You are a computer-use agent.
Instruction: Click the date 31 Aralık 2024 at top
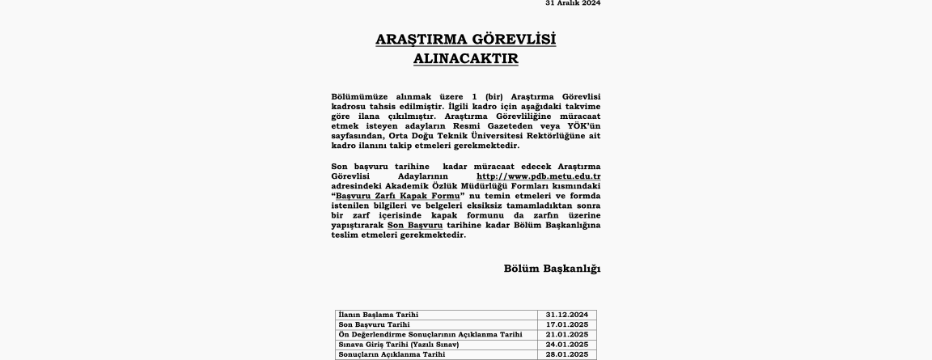pyautogui.click(x=573, y=3)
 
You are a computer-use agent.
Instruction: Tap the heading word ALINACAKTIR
pyautogui.click(x=465, y=59)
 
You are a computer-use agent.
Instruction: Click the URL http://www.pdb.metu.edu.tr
pyautogui.click(x=538, y=176)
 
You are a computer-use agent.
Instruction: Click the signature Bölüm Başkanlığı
pyautogui.click(x=552, y=269)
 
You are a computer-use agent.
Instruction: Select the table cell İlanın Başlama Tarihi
pyautogui.click(x=379, y=315)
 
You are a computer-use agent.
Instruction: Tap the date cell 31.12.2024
pyautogui.click(x=566, y=315)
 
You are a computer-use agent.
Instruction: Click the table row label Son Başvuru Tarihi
pyautogui.click(x=375, y=324)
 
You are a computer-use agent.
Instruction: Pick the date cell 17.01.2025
pyautogui.click(x=566, y=324)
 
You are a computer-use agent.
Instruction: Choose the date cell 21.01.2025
pyautogui.click(x=566, y=334)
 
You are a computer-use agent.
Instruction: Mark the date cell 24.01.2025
pyautogui.click(x=566, y=345)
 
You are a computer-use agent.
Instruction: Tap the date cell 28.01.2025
pyautogui.click(x=566, y=354)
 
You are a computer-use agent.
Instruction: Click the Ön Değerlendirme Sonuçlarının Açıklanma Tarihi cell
pyautogui.click(x=430, y=334)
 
